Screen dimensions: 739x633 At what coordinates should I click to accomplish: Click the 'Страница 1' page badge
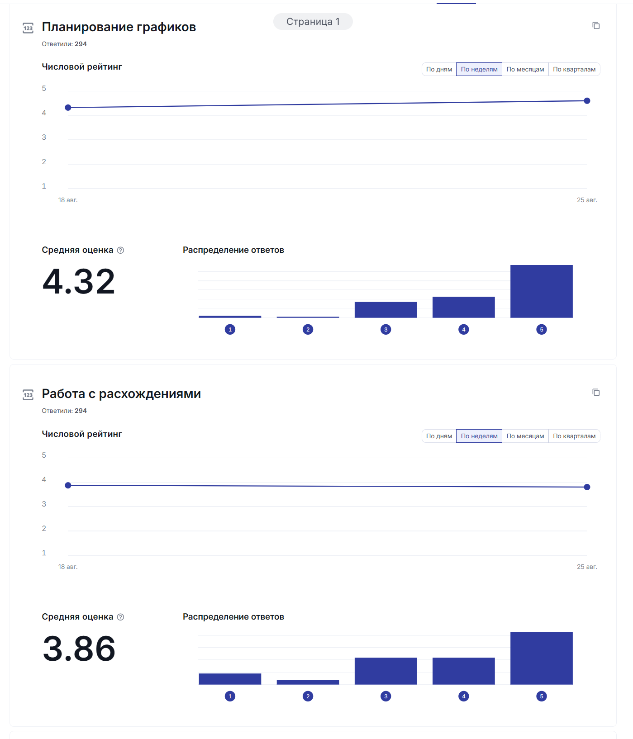(313, 22)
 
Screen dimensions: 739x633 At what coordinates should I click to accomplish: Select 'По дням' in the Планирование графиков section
(439, 69)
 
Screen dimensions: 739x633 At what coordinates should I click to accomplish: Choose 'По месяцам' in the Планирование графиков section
(525, 69)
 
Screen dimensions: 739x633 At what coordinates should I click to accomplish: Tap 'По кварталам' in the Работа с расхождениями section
(574, 436)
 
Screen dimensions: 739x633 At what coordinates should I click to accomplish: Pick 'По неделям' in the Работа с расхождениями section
(479, 436)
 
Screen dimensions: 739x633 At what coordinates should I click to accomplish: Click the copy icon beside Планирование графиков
(596, 26)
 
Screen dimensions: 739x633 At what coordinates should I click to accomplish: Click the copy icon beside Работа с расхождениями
(596, 393)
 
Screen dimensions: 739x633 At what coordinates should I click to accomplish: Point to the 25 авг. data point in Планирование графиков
(587, 101)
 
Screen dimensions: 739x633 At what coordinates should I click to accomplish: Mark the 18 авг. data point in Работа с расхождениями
(68, 485)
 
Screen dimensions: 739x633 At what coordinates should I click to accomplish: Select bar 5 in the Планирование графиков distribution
(541, 291)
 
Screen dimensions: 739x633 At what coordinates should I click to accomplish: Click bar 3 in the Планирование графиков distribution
(386, 310)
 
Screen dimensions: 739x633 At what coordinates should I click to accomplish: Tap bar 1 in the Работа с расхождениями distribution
(230, 679)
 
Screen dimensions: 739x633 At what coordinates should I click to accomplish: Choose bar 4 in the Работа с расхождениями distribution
(463, 671)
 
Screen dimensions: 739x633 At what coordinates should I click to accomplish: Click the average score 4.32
(79, 281)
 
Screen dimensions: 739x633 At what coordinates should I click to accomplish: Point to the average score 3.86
(79, 648)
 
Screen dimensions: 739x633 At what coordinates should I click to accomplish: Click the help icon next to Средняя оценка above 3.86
(120, 617)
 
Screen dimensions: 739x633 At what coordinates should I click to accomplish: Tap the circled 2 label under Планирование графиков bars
(308, 329)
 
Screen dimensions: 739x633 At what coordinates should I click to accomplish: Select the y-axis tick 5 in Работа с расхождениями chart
(44, 455)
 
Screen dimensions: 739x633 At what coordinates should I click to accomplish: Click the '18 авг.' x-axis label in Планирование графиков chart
(68, 200)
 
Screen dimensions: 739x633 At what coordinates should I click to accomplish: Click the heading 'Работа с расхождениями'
(121, 393)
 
